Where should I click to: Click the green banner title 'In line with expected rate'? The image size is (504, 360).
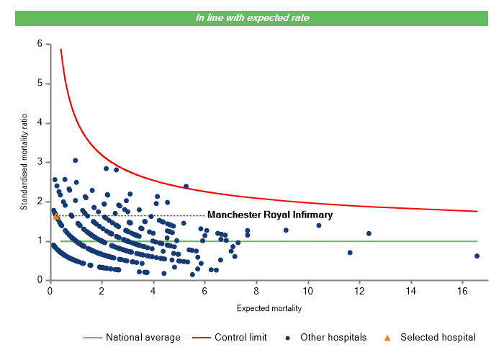tap(251, 18)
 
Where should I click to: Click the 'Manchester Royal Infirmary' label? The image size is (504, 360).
tap(270, 215)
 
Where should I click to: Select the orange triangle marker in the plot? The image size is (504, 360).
tap(56, 216)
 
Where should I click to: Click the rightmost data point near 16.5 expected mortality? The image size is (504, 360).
tap(477, 256)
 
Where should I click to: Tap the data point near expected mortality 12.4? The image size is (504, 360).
tap(369, 233)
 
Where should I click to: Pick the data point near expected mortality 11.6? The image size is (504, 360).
tap(350, 253)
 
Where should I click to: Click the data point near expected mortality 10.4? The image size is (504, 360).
tap(319, 225)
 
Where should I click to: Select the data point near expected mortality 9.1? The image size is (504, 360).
tap(286, 230)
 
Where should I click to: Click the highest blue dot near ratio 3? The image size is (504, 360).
tap(76, 161)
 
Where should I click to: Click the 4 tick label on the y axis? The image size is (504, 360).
tap(39, 123)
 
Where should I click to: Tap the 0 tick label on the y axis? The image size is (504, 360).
tap(39, 280)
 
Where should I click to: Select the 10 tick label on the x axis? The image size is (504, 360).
tap(307, 291)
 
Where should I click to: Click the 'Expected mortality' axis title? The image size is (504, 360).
tap(269, 309)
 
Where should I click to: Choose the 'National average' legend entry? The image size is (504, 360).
tap(138, 337)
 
